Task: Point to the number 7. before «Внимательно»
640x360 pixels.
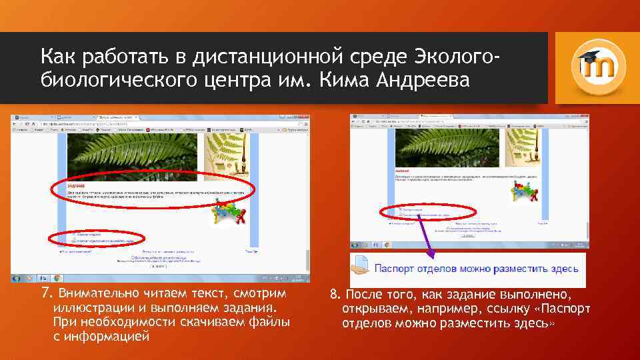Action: (x=46, y=294)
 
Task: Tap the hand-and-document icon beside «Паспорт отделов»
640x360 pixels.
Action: (x=361, y=268)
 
